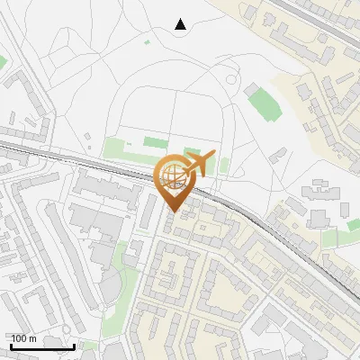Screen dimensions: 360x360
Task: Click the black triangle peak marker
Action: tap(180, 24)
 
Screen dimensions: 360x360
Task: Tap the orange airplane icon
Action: tap(197, 164)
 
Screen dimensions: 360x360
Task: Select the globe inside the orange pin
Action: tap(173, 175)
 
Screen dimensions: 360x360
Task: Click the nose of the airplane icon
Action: tap(212, 155)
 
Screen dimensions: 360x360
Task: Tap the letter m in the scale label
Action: tap(33, 338)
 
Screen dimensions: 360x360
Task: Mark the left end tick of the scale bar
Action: tap(11, 346)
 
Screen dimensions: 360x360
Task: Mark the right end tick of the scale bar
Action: tap(74, 346)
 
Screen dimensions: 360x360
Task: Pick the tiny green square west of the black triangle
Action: tap(147, 40)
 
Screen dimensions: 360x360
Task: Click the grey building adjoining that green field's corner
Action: tap(248, 90)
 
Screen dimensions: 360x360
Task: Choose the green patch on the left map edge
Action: tap(3, 61)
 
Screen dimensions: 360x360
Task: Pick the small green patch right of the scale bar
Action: tap(88, 345)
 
